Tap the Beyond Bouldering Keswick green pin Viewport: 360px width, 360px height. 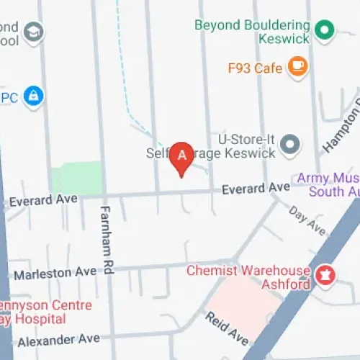[325, 30]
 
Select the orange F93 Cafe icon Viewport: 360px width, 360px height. [297, 67]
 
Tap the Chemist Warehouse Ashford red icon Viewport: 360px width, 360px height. [325, 274]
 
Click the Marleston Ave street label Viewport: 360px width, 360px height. [55, 273]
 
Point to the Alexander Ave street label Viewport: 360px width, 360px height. [59, 338]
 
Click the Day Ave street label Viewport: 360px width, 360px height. [307, 220]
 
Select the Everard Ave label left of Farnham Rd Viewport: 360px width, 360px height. [45, 199]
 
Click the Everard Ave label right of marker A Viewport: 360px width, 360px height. [255, 189]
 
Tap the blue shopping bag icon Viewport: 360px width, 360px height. [33, 95]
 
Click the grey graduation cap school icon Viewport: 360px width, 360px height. [34, 31]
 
